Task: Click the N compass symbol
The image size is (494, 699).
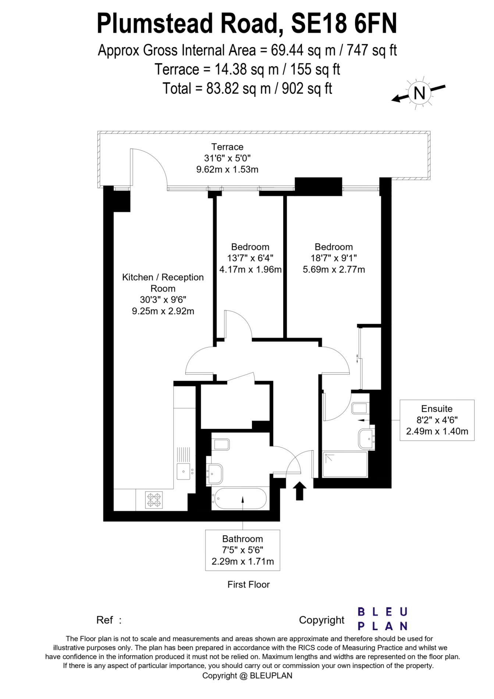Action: click(x=419, y=93)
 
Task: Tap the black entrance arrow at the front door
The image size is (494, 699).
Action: click(x=299, y=491)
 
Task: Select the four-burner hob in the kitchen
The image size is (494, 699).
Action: click(x=154, y=500)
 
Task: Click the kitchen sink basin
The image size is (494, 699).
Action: click(x=183, y=471)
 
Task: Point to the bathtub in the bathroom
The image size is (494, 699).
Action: click(x=239, y=498)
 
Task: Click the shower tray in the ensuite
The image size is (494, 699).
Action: click(x=345, y=464)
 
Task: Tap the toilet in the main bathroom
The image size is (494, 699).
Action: click(x=221, y=445)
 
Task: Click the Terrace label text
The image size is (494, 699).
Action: click(x=227, y=147)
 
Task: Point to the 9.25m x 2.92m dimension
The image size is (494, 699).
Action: click(x=163, y=311)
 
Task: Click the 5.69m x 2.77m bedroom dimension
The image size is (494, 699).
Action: click(x=334, y=270)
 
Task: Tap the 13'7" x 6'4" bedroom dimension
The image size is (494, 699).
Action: click(x=250, y=258)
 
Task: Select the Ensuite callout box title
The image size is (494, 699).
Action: click(x=437, y=409)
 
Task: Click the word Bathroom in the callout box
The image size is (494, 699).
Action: click(x=242, y=539)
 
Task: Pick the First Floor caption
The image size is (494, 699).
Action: click(x=249, y=585)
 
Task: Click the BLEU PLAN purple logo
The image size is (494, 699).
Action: click(x=383, y=619)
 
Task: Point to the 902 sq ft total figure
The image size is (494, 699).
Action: click(x=307, y=89)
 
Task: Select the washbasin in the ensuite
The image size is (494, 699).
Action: click(x=367, y=438)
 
